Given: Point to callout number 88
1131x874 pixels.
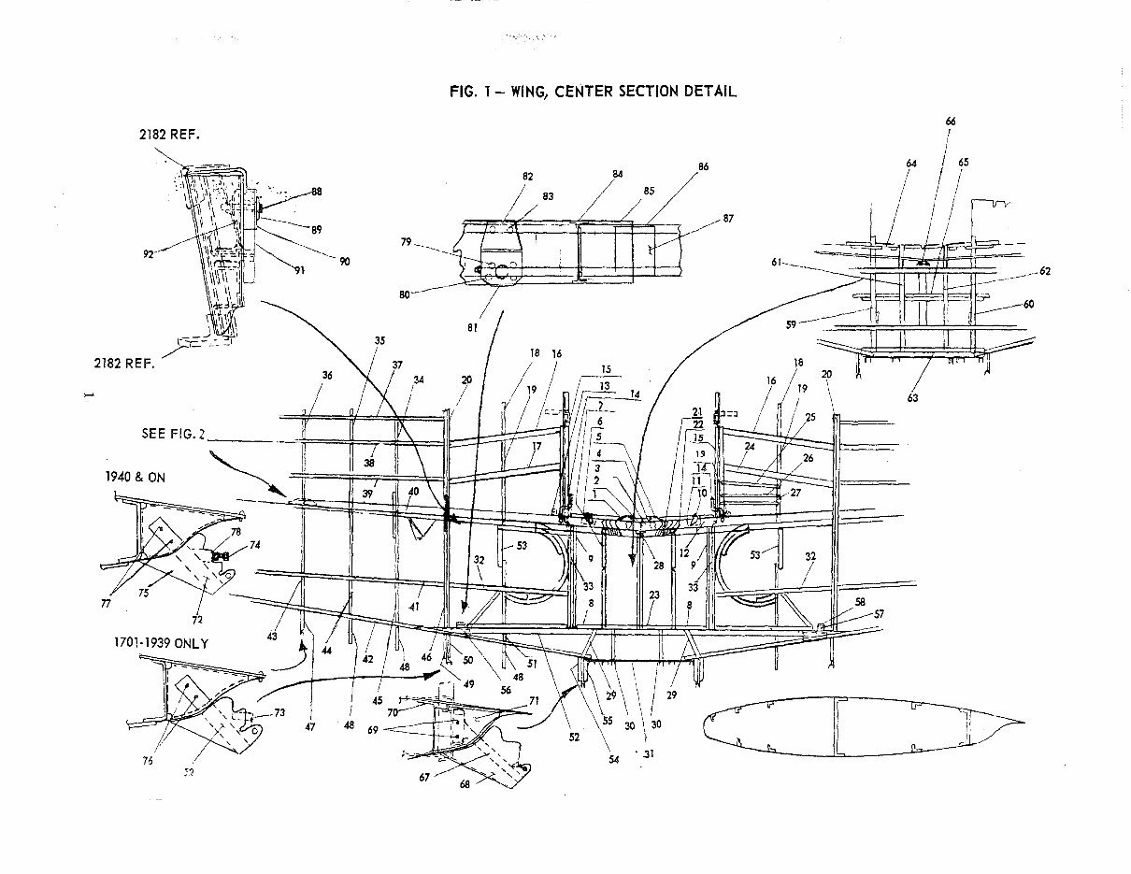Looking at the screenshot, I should [317, 192].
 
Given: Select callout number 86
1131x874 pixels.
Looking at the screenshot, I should [703, 166].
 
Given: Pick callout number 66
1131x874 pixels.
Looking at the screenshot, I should [951, 122].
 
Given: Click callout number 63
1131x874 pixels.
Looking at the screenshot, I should [912, 397].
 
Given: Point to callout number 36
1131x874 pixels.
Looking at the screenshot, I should [326, 375].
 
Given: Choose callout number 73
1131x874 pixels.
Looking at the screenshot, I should [278, 713].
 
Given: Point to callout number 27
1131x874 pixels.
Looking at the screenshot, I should [795, 492].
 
